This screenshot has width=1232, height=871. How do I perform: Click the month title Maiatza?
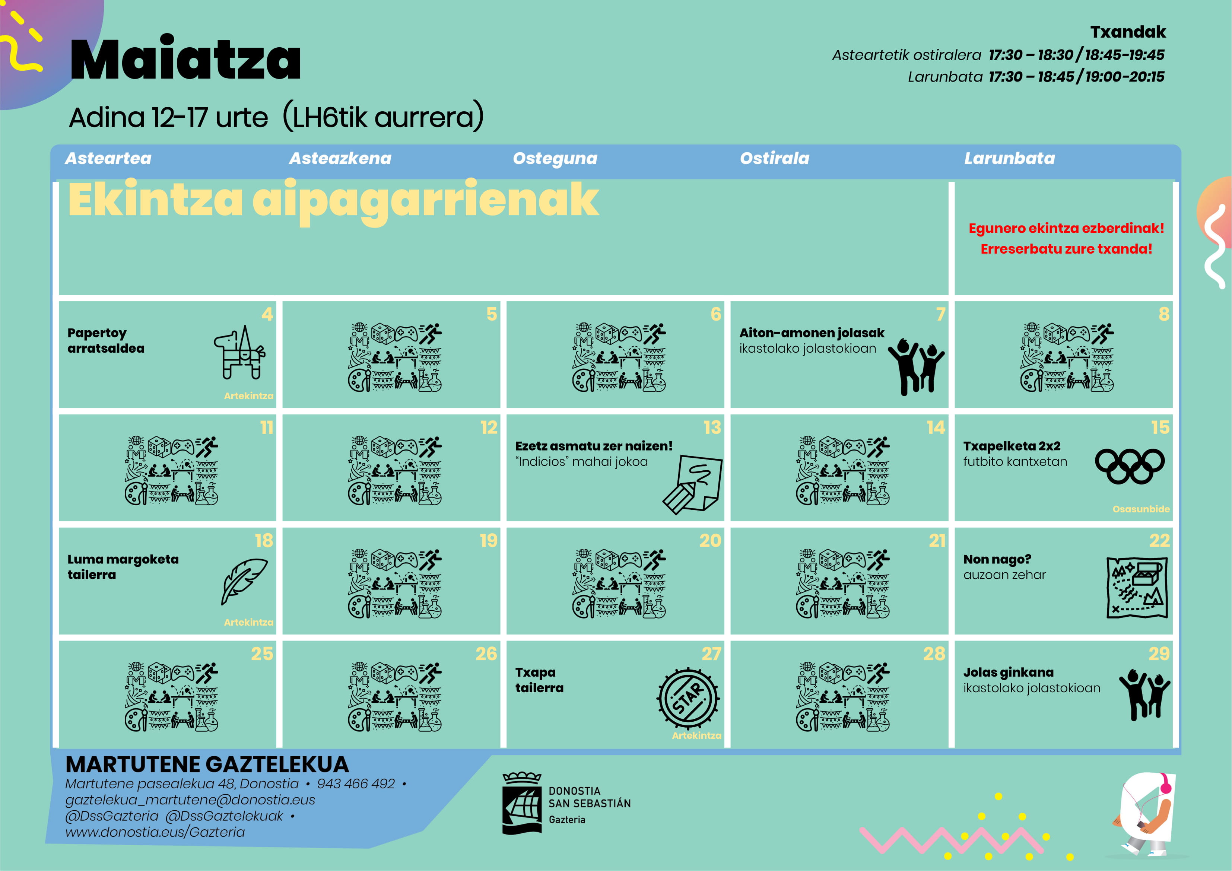point(185,60)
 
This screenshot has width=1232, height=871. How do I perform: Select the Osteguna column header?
point(555,158)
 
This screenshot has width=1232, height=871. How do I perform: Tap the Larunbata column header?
point(1009,158)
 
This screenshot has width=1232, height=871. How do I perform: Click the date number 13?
point(712,428)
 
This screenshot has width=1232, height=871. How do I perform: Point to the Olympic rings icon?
point(1130,466)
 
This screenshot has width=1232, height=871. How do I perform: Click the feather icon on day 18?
point(244,581)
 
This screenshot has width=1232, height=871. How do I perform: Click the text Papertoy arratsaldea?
point(106,340)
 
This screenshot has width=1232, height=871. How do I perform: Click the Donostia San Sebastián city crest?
point(521,803)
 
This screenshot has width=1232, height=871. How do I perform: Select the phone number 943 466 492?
point(355,784)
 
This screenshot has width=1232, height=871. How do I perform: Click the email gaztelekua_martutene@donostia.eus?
point(190,800)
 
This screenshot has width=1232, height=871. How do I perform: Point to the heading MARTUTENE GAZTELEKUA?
point(207,764)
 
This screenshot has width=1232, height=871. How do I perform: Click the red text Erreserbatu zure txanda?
point(1066,249)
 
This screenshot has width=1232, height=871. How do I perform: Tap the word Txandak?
point(1128,32)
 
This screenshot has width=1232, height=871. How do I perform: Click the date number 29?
point(1159,654)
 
